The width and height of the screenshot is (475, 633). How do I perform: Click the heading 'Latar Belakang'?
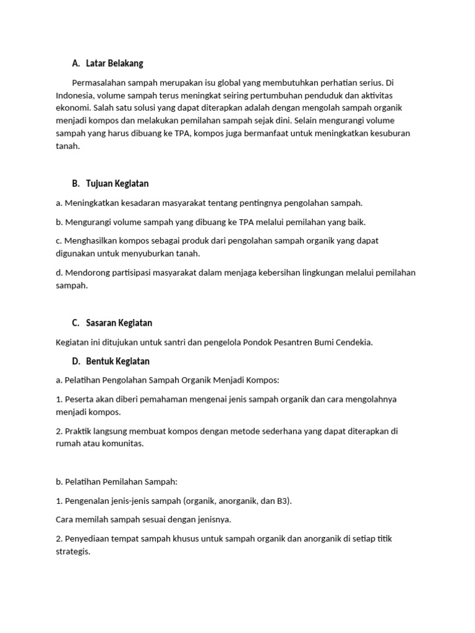tap(114, 64)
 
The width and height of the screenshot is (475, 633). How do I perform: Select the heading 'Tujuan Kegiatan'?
tap(117, 184)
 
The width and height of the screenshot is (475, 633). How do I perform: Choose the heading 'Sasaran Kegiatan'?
tap(119, 323)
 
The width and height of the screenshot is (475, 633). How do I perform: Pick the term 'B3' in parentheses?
tap(283, 501)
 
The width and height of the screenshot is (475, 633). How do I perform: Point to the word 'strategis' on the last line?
tap(72, 551)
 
